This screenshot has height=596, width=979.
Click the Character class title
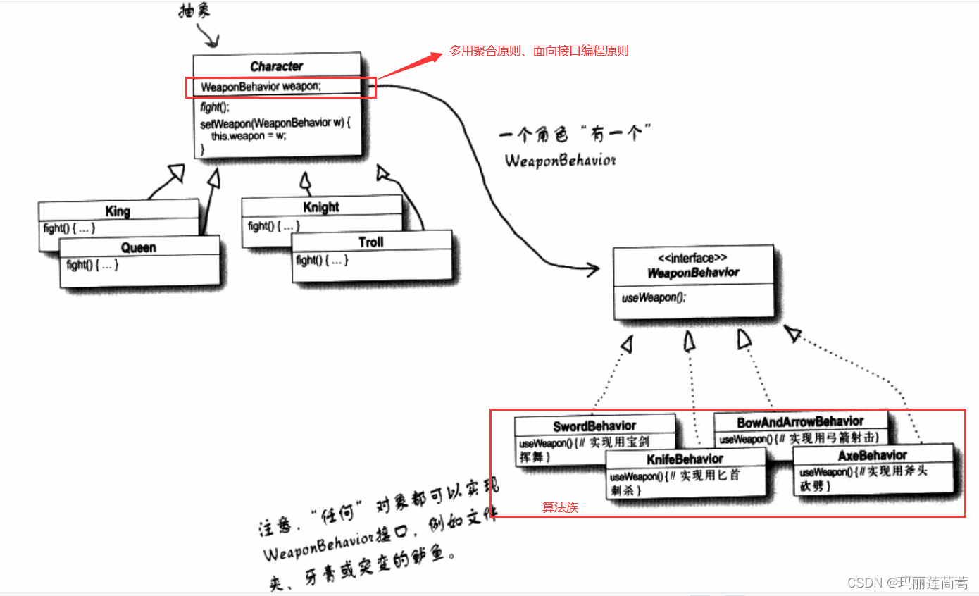click(276, 67)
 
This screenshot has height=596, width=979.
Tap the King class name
click(118, 211)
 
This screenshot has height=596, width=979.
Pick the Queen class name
click(138, 248)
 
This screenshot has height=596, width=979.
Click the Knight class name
click(321, 207)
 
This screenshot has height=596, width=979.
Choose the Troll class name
click(371, 242)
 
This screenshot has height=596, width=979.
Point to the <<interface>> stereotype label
click(693, 258)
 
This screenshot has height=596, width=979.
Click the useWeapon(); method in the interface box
click(653, 298)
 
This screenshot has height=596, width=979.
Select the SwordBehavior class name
click(594, 426)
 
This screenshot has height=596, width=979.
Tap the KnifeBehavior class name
click(685, 459)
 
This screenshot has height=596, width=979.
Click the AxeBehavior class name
click(873, 456)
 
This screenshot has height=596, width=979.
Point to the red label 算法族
click(560, 507)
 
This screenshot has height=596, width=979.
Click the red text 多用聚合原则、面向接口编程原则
click(539, 51)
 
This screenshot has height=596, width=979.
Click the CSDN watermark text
click(907, 583)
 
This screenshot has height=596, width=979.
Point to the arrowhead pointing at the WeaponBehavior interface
click(592, 268)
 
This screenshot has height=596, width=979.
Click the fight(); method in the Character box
click(215, 108)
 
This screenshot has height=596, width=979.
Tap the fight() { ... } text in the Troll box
click(322, 261)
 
